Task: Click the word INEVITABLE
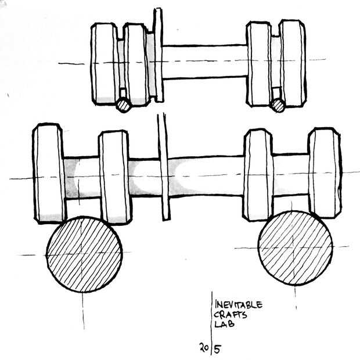[x=239, y=305]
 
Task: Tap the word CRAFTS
[x=230, y=315]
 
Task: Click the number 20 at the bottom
[x=204, y=348]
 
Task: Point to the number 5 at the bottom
[x=218, y=349]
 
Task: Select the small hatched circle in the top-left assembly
[x=124, y=105]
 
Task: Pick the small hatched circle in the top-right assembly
[x=278, y=105]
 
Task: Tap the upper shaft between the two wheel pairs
[x=203, y=62]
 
